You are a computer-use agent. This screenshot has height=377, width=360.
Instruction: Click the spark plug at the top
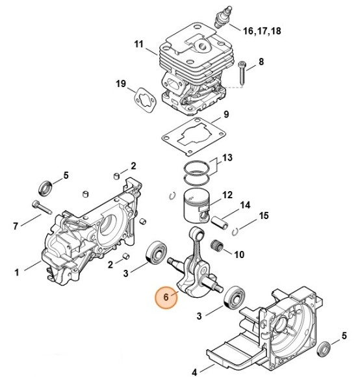tap(224, 17)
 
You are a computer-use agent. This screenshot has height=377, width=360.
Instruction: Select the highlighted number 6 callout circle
tap(166, 297)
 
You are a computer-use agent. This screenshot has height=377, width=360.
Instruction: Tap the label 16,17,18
tap(262, 31)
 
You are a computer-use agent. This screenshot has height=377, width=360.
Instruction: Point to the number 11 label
tap(139, 44)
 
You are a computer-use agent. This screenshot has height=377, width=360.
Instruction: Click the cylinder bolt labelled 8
tap(242, 73)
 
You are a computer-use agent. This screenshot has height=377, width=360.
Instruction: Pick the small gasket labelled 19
tap(145, 100)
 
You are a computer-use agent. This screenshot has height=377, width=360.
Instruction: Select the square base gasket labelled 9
tap(193, 136)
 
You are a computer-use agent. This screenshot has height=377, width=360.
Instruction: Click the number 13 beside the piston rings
tap(227, 158)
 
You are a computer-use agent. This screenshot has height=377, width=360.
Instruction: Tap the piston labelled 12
tap(197, 207)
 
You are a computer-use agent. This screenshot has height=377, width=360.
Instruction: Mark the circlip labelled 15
tap(235, 231)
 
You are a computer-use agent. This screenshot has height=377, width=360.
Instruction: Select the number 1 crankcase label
tap(17, 272)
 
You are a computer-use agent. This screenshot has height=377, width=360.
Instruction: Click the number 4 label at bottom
tap(194, 372)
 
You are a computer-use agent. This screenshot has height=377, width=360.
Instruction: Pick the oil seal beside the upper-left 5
tap(45, 188)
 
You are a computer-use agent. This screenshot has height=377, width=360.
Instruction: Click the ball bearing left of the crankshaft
tap(157, 254)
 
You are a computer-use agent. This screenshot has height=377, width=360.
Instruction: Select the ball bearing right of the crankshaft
tap(234, 297)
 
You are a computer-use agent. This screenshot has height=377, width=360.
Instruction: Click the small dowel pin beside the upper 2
tap(116, 175)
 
